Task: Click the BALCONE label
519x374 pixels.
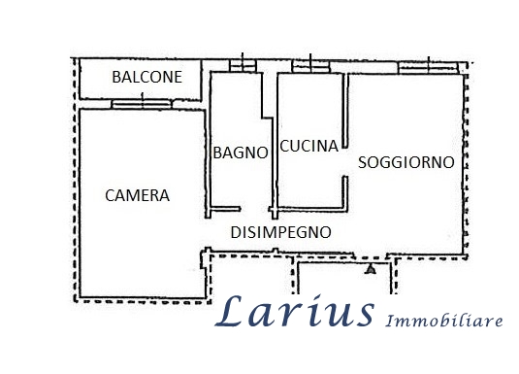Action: click(x=146, y=78)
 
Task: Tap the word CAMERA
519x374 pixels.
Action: click(x=137, y=195)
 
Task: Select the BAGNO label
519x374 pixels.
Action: click(x=240, y=152)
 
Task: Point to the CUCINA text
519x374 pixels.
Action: click(x=308, y=147)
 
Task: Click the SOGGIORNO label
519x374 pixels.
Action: click(x=405, y=163)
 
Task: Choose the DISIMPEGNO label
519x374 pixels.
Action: click(x=280, y=233)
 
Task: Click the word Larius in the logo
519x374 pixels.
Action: click(x=294, y=312)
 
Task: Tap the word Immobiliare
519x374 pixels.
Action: click(x=443, y=321)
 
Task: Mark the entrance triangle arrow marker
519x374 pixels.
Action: click(x=370, y=269)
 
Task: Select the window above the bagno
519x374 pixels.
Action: click(x=243, y=66)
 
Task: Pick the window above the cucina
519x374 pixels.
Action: click(x=309, y=66)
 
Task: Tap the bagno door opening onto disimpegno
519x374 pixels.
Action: click(x=254, y=209)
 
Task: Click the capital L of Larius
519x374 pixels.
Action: click(x=232, y=312)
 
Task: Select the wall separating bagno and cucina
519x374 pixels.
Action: click(x=276, y=146)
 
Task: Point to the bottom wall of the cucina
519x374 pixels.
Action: click(x=310, y=208)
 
